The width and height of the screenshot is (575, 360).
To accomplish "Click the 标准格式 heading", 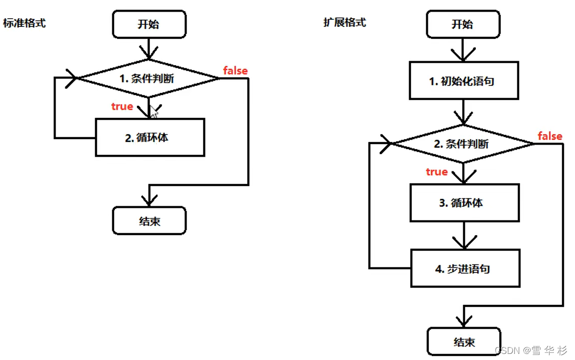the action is click(24, 23).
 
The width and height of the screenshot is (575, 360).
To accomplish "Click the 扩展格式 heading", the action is click(345, 22).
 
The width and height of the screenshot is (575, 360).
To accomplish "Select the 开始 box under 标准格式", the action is click(149, 24).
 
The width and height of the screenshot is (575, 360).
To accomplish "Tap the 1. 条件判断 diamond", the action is click(149, 78).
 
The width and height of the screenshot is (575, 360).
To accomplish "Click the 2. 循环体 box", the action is click(150, 138).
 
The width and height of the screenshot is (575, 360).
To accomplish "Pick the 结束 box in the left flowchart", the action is click(149, 220).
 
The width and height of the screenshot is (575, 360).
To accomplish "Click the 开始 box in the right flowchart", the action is click(463, 24).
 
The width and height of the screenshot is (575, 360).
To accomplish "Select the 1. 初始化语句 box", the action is click(464, 81).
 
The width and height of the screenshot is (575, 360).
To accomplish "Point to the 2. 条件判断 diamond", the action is click(463, 144).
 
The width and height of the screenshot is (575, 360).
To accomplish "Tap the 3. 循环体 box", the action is click(465, 203).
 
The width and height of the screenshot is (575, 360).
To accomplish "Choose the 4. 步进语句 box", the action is click(465, 268).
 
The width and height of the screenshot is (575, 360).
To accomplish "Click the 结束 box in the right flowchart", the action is click(464, 342).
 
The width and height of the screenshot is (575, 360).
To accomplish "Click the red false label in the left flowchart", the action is click(236, 70).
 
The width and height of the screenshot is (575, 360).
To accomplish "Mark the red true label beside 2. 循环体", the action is click(122, 106).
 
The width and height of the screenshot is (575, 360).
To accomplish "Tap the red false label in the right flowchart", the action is click(550, 136).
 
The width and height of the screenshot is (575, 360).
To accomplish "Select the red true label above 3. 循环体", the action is click(437, 171).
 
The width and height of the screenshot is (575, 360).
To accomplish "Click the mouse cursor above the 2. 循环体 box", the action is click(154, 112).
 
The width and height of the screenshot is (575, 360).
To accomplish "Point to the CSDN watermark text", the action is click(531, 350).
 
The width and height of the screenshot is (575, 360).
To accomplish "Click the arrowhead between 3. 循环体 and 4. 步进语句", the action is click(465, 243).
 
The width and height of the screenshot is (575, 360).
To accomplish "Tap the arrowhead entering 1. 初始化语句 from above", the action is click(463, 55).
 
